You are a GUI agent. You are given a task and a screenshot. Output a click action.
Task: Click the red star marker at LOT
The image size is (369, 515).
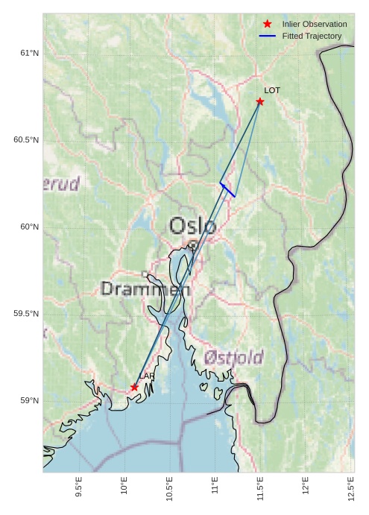point(260,101)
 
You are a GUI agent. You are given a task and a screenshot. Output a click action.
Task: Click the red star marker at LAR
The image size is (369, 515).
point(134,388)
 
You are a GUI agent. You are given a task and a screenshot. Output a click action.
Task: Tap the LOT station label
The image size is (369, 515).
point(272,90)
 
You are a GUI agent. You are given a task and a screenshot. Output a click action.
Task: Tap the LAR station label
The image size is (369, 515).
point(146,376)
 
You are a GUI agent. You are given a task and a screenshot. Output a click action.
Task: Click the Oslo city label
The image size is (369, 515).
point(192,226)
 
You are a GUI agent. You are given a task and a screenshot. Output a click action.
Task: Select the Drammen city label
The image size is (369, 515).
point(145,289)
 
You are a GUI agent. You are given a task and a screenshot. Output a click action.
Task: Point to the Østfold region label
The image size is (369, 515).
point(233,358)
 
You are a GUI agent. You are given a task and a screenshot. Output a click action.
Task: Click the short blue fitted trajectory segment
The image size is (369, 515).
point(227,189)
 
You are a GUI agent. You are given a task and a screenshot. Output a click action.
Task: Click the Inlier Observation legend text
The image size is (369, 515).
point(315,25)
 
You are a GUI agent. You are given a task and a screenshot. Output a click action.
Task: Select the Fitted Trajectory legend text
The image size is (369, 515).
point(312,36)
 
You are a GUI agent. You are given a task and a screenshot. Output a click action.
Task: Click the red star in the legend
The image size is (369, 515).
point(267,25)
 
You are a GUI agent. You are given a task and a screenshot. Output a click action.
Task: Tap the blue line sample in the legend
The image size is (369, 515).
point(267,36)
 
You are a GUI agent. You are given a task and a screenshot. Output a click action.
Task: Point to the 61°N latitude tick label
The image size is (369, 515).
point(28,53)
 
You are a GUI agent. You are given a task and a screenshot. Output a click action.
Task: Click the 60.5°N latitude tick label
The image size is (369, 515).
point(26,140)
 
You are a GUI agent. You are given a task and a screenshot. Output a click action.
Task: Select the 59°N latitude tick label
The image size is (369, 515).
point(28,401)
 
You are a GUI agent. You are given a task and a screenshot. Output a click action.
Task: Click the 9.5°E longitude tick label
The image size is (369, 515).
point(79,487)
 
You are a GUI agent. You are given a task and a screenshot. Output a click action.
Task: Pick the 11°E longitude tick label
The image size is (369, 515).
point(215,488)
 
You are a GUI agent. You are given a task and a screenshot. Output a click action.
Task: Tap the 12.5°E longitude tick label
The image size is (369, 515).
point(351,487)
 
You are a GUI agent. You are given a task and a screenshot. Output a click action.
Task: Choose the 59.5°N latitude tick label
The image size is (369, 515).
point(26,314)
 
